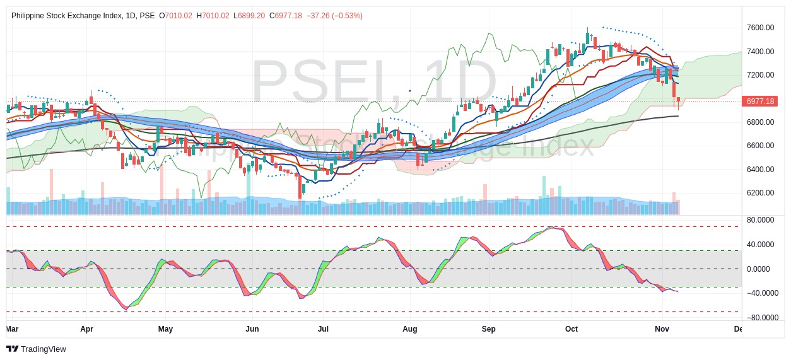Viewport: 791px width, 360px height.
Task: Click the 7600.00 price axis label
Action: [760, 28]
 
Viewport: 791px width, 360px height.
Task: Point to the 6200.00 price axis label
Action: [760, 193]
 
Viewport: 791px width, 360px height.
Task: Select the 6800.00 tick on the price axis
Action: [760, 122]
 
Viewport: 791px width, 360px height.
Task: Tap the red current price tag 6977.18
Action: [760, 102]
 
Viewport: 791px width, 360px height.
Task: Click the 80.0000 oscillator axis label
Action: [760, 220]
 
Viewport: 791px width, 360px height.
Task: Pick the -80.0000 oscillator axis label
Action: [760, 318]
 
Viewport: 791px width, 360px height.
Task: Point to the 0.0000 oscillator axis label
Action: [760, 269]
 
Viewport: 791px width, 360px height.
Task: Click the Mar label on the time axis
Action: [12, 329]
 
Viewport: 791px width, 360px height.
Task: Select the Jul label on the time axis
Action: [323, 329]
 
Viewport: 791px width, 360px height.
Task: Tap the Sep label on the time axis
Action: [488, 329]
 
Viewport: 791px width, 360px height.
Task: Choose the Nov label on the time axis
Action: [662, 329]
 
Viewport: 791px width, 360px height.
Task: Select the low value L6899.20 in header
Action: [249, 15]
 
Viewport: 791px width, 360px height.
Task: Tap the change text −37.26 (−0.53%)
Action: [334, 15]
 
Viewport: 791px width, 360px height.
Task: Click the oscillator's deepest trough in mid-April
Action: [126, 308]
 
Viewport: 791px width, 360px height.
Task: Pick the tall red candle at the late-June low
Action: [300, 187]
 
